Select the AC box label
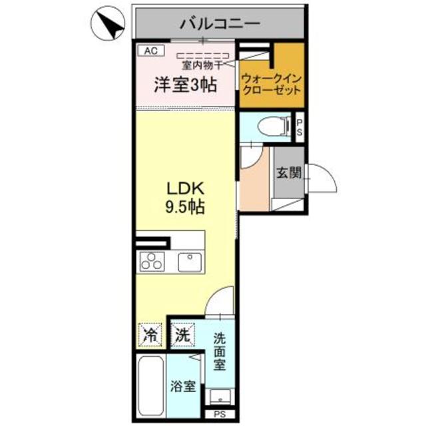pos(150,51)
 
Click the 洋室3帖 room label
pos(176,85)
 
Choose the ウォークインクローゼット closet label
pos(272,83)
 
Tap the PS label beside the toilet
pos(300,126)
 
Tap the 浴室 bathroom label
pos(182,385)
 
